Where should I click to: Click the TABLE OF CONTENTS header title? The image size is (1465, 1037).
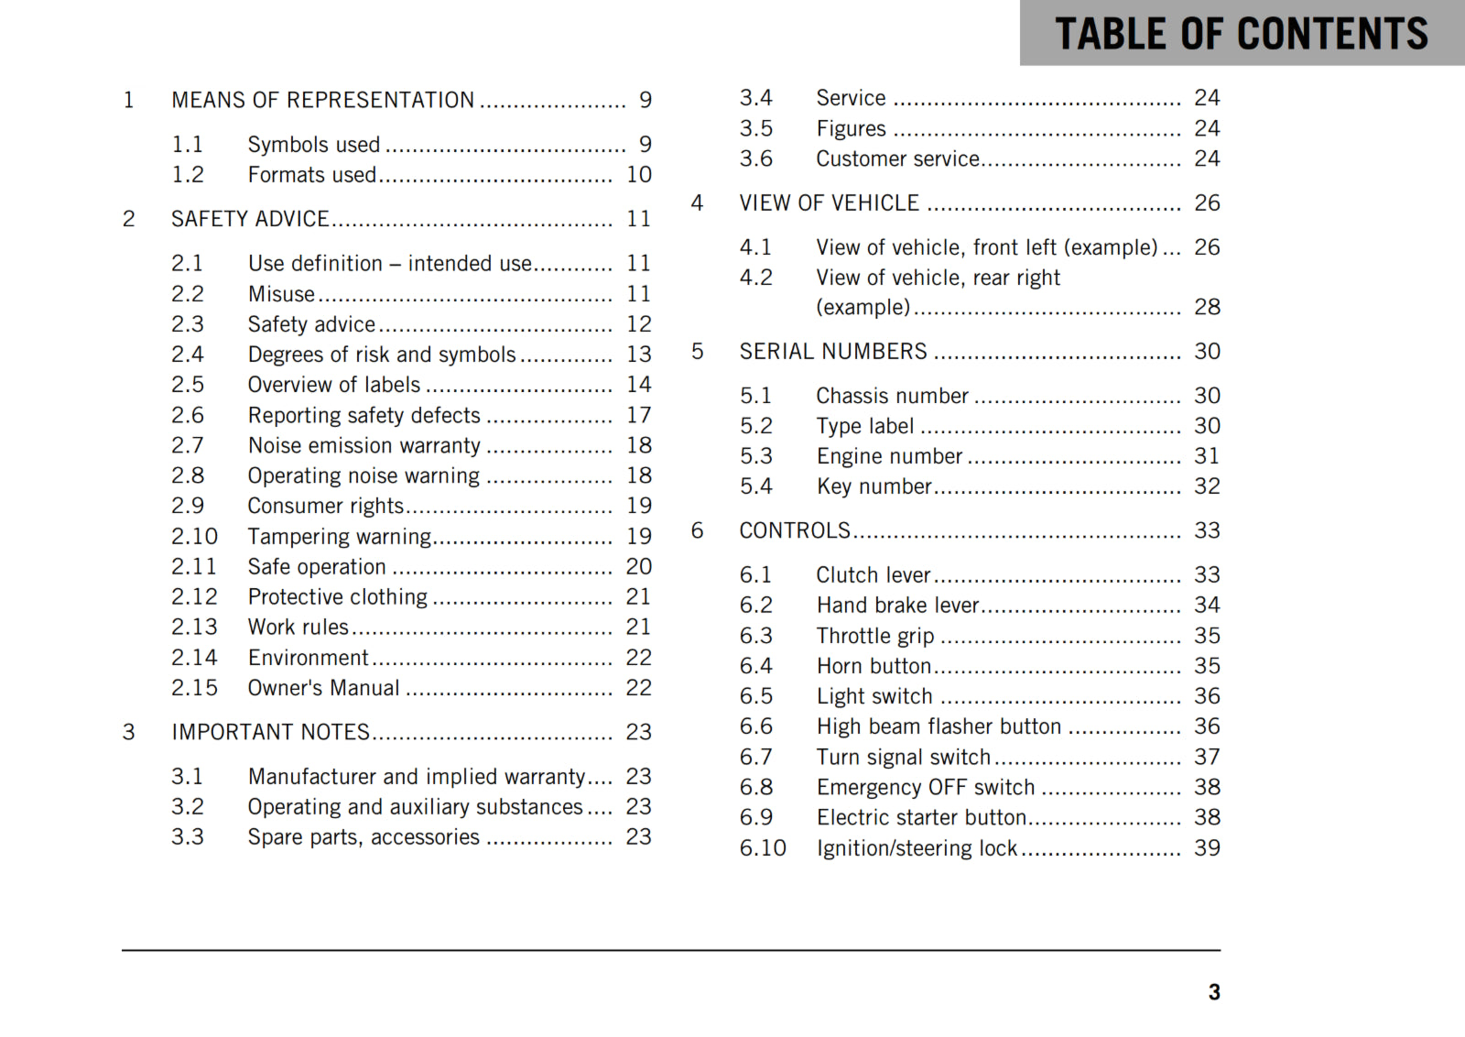[1241, 34]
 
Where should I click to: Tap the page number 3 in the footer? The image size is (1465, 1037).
[1213, 992]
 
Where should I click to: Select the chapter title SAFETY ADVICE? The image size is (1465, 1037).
[250, 219]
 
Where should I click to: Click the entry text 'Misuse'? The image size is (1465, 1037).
[281, 294]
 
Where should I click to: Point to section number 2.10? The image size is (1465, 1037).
[194, 537]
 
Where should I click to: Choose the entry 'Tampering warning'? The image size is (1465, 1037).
[339, 537]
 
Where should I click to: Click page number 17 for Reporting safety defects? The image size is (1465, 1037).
[638, 416]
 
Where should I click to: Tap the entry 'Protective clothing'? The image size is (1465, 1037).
[337, 597]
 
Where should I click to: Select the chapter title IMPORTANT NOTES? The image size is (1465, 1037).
[270, 732]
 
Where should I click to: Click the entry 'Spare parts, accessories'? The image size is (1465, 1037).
[364, 837]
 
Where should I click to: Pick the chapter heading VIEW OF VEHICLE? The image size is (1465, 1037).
[829, 203]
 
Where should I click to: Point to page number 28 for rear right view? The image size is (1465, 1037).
[1207, 307]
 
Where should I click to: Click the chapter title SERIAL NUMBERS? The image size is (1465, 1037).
[833, 352]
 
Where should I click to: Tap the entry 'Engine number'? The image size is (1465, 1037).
[889, 456]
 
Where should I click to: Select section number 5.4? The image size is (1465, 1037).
[755, 486]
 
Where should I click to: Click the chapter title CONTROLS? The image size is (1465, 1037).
[795, 530]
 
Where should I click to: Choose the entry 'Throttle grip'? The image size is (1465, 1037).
[875, 636]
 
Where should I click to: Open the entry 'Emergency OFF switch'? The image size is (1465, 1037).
[926, 788]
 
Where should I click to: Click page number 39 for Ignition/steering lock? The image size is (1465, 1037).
[1207, 848]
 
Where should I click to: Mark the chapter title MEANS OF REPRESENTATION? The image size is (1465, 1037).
[322, 100]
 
